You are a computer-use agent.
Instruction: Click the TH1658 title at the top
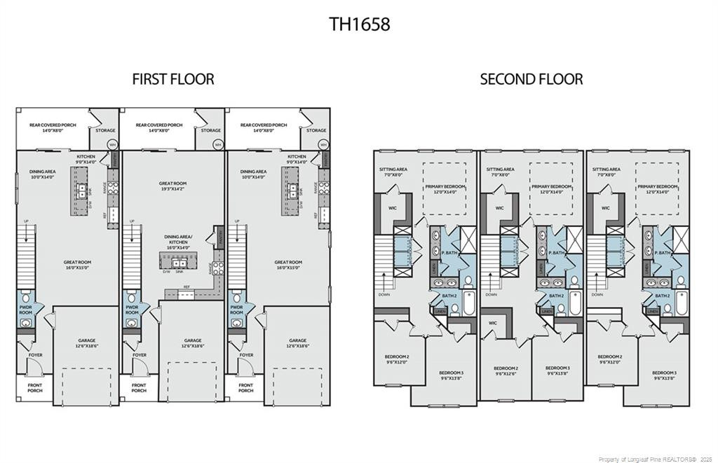pyautogui.click(x=359, y=24)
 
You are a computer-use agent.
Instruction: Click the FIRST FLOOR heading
pyautogui.click(x=173, y=79)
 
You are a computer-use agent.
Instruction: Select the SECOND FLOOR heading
pyautogui.click(x=531, y=79)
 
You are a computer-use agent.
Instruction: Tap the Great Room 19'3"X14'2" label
pyautogui.click(x=173, y=186)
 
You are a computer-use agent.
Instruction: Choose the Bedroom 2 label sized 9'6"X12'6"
pyautogui.click(x=506, y=371)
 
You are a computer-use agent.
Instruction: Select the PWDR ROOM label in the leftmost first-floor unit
pyautogui.click(x=26, y=309)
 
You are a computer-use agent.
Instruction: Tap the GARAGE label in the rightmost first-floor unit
pyautogui.click(x=298, y=343)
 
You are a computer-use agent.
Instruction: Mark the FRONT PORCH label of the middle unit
pyautogui.click(x=139, y=387)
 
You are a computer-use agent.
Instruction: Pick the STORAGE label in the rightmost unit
pyautogui.click(x=316, y=130)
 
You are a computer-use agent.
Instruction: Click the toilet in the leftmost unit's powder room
pyautogui.click(x=25, y=297)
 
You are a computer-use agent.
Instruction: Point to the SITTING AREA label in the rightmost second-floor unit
pyautogui.click(x=606, y=172)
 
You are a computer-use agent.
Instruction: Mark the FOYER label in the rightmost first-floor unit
pyautogui.click(x=246, y=355)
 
